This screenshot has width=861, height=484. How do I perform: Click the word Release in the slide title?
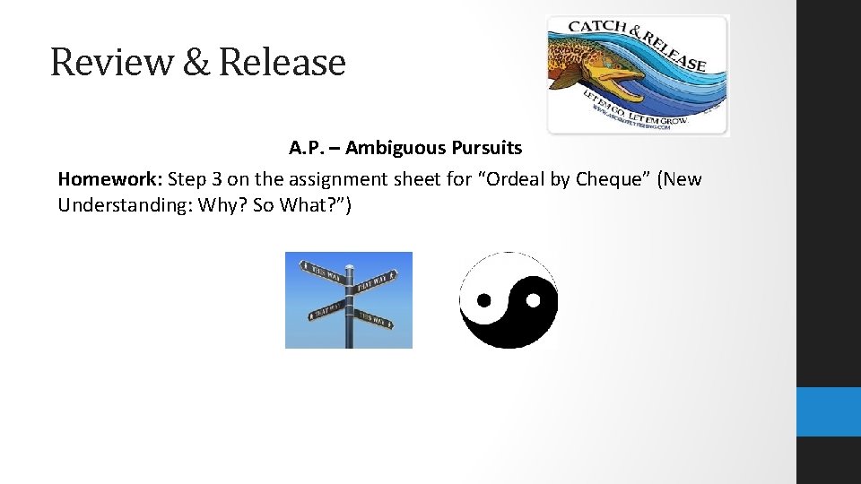coord(282,62)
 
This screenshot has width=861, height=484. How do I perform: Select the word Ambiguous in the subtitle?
coord(391,146)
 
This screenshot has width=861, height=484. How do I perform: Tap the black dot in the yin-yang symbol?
coord(484,300)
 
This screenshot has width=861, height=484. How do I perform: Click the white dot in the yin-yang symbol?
coord(533,300)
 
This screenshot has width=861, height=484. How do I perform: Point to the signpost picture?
coord(349,299)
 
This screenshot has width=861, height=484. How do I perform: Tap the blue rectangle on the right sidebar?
coord(828,411)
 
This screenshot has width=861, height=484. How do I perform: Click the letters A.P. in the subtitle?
coord(306,146)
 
